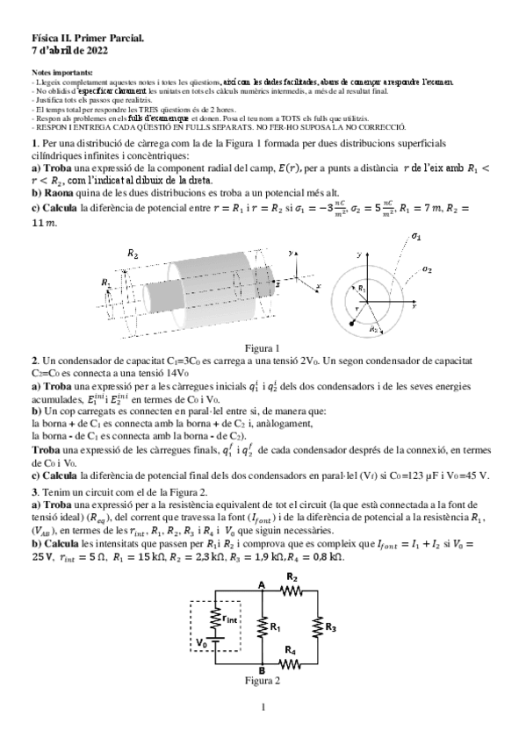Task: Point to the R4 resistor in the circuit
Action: pyautogui.click(x=292, y=665)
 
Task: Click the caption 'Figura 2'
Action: pyautogui.click(x=263, y=681)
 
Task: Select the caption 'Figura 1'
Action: pyautogui.click(x=263, y=347)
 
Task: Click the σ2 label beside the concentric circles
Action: pyautogui.click(x=426, y=269)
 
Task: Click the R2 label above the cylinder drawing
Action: pyautogui.click(x=132, y=253)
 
